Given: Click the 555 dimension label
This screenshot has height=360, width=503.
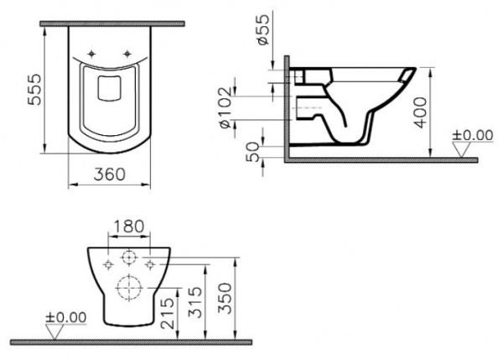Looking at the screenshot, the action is (x=34, y=90).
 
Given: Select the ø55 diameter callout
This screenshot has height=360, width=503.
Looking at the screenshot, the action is (x=264, y=29).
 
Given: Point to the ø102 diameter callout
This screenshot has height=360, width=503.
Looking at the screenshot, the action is (x=226, y=107).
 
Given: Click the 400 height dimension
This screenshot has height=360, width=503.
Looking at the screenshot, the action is (x=421, y=112).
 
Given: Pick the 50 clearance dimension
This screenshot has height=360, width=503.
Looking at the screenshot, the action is (x=253, y=152).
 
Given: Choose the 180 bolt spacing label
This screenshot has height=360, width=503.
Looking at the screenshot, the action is (x=129, y=227).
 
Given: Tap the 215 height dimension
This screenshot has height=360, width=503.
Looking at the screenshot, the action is (x=168, y=314).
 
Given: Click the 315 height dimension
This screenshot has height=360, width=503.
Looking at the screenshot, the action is (x=195, y=302).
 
